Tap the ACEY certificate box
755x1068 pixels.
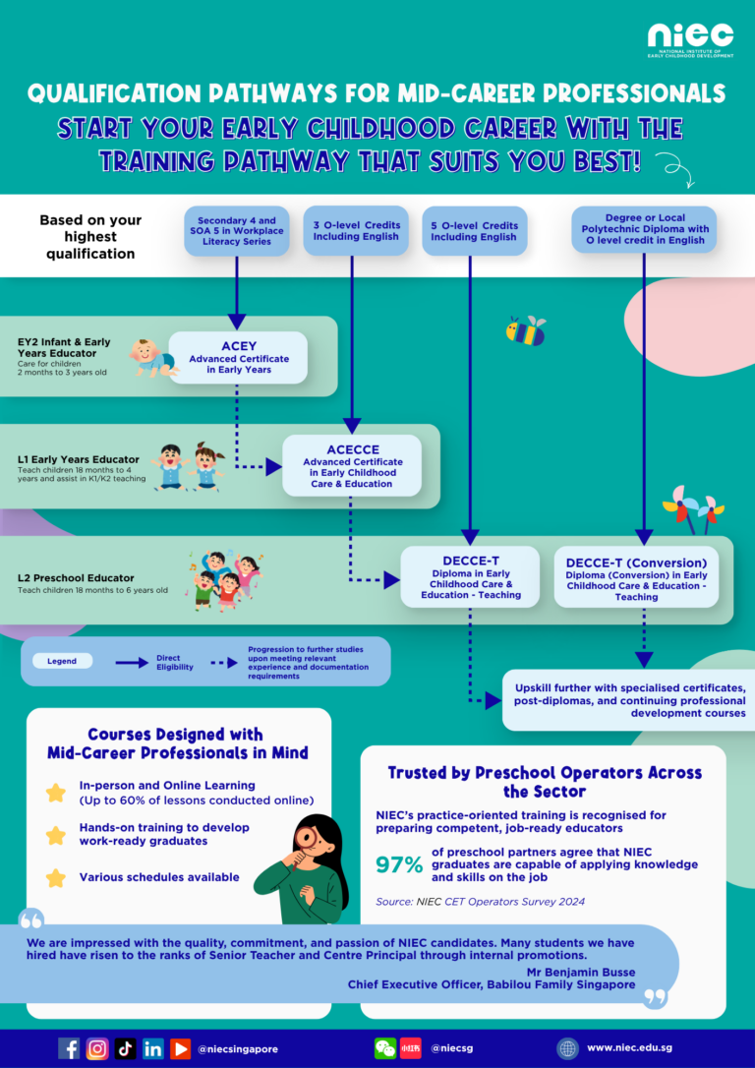(238, 358)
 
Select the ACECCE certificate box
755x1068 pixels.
(351, 465)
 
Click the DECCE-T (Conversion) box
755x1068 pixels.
(637, 576)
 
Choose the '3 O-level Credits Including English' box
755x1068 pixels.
(356, 231)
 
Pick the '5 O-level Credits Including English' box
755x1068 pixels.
(475, 231)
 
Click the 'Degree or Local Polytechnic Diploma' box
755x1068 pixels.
(644, 229)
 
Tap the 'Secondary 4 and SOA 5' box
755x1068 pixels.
(237, 231)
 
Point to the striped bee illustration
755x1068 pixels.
(526, 331)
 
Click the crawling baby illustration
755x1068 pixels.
(154, 358)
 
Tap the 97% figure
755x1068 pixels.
(400, 864)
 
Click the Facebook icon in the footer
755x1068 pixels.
(69, 1048)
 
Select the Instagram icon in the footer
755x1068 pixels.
(97, 1048)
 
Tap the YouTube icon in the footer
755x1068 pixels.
(181, 1048)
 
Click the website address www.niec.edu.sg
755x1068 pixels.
(630, 1048)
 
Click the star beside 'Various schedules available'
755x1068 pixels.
(55, 877)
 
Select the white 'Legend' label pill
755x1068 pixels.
(62, 661)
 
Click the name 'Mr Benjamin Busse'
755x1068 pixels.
(581, 972)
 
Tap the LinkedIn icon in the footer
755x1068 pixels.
(153, 1048)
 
